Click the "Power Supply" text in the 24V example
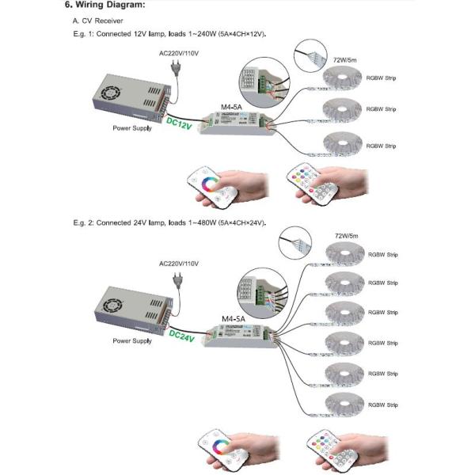[x=131, y=340]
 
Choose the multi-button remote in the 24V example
[x=317, y=449]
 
